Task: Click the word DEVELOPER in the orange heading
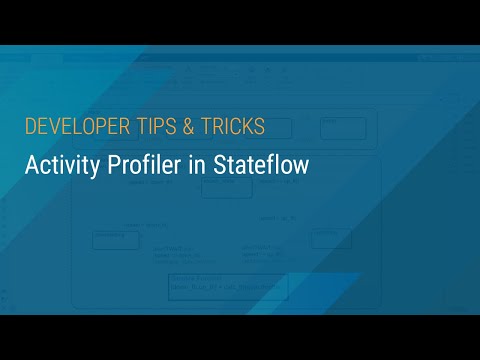[71, 127]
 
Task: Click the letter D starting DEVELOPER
[30, 127]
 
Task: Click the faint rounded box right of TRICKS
[343, 127]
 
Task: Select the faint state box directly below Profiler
[226, 189]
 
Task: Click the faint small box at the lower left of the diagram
[115, 239]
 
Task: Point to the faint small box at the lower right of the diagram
[330, 238]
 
